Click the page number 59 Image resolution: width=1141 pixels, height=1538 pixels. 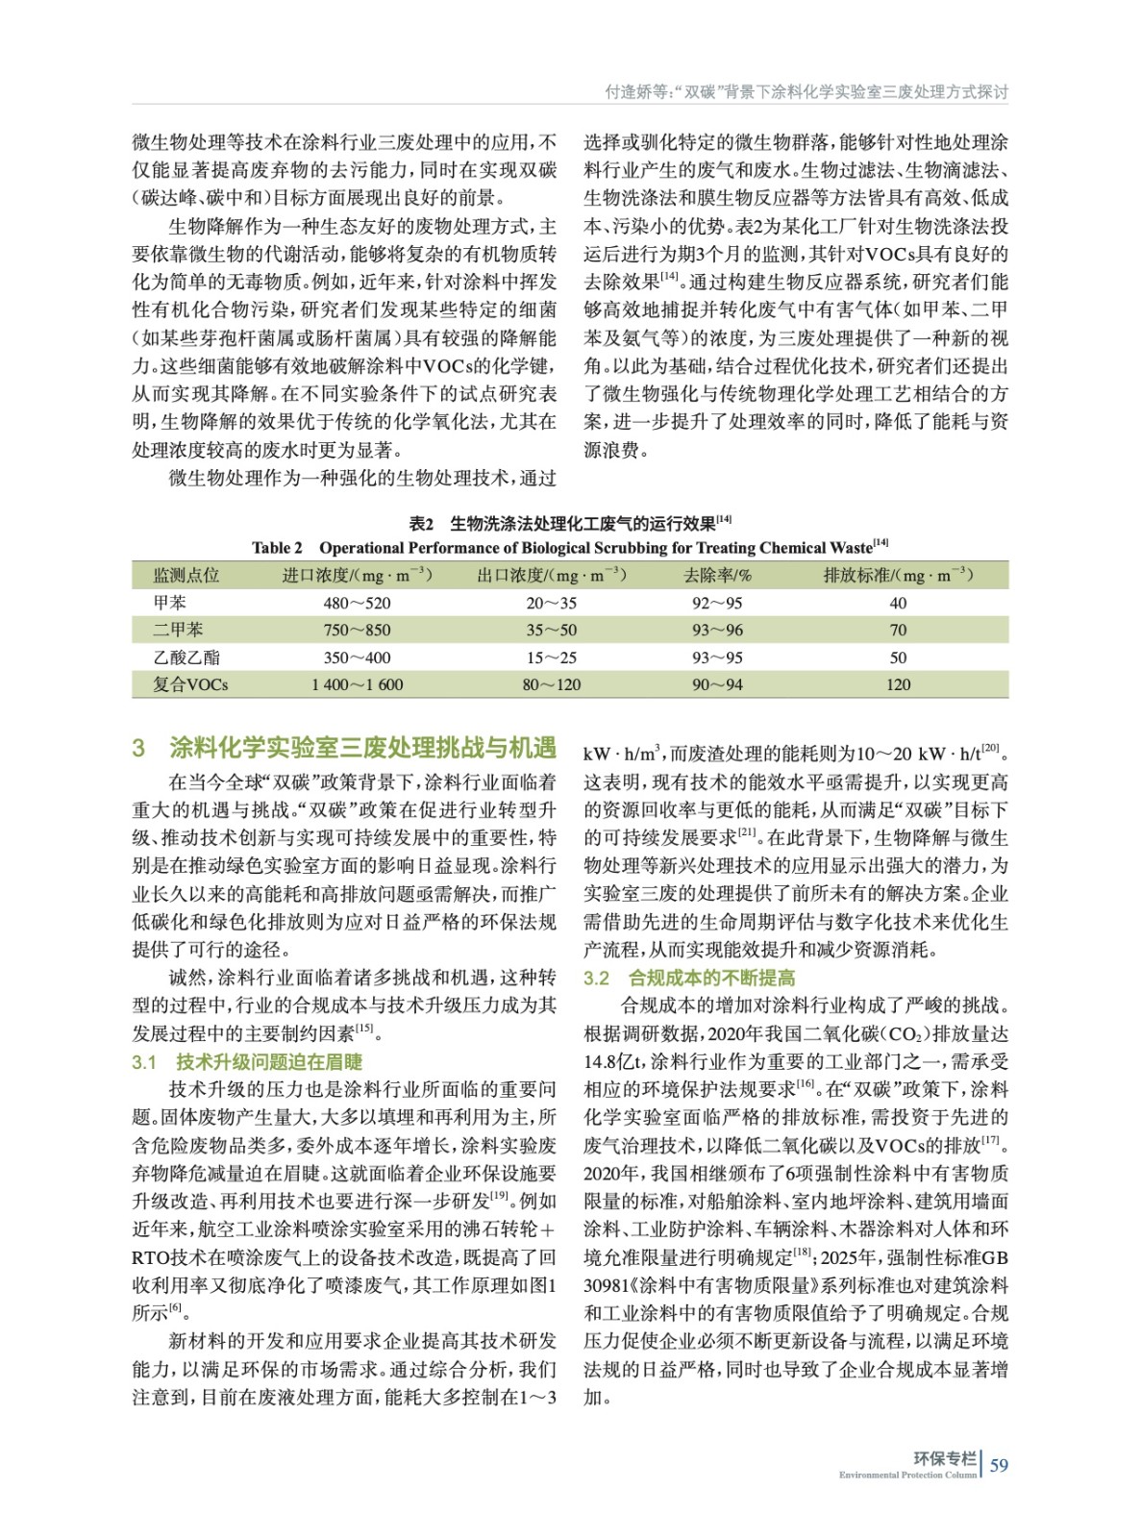1000,1465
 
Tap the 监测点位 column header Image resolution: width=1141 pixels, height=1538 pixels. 186,575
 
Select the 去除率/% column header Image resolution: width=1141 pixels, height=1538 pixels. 717,575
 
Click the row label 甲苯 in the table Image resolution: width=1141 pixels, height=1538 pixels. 170,603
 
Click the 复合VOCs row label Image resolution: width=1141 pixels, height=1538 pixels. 190,684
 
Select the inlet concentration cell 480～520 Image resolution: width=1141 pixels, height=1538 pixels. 357,603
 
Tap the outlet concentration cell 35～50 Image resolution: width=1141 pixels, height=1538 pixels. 552,631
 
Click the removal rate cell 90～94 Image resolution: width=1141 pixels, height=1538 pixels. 717,684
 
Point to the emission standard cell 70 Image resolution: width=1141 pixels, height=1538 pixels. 898,631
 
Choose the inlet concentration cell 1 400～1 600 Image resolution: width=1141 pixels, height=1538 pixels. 357,684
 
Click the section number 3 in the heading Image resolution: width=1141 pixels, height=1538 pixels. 139,748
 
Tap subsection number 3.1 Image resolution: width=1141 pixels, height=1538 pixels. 144,1062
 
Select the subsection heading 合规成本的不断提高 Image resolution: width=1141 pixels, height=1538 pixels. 712,978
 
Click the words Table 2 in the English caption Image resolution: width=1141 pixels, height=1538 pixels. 277,548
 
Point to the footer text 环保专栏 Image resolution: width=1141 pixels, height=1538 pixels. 945,1458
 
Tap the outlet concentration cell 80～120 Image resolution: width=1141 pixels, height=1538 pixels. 552,684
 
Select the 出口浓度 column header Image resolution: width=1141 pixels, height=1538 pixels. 552,575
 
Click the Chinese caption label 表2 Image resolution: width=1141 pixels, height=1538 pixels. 421,523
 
